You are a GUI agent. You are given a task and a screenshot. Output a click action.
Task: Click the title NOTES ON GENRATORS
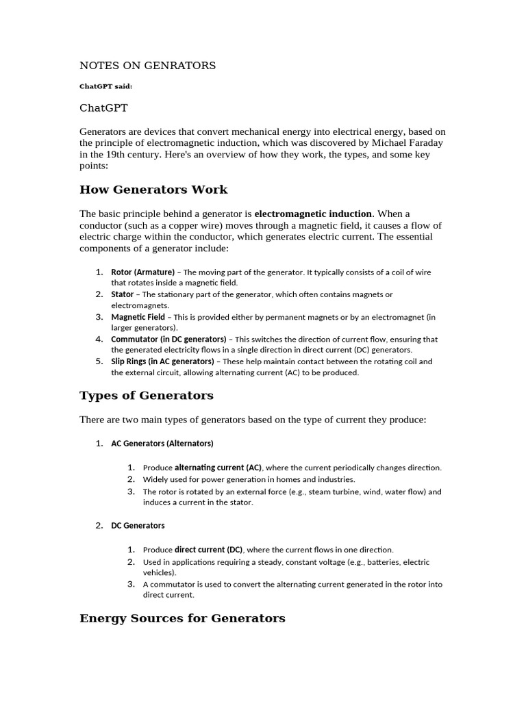coord(147,66)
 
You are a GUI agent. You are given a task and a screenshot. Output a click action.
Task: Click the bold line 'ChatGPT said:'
coord(105,87)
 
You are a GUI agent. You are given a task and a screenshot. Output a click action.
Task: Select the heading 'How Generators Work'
coord(153,190)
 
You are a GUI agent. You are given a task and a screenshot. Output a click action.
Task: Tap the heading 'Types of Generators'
coord(147,396)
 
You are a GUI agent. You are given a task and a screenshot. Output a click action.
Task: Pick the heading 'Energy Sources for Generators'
coord(182,619)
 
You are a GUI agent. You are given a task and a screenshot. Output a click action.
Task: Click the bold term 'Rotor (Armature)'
coord(142,272)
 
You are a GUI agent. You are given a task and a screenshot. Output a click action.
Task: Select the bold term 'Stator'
coord(123,294)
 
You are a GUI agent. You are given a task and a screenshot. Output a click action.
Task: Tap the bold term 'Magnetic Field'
coord(138,317)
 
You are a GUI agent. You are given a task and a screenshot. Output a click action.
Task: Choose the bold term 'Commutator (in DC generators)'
coord(168,339)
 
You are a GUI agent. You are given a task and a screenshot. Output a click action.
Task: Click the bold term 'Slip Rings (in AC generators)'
coord(162,361)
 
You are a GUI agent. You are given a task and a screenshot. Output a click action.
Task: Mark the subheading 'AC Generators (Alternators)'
coord(162,444)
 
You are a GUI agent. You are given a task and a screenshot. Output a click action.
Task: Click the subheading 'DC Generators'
coord(138,526)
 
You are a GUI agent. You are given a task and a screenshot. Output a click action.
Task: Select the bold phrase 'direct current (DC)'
coord(208,550)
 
